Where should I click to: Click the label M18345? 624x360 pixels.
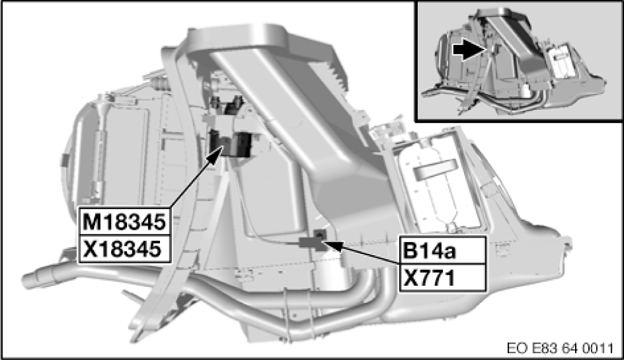pyautogui.click(x=125, y=223)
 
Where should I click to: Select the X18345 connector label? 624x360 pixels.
pyautogui.click(x=125, y=249)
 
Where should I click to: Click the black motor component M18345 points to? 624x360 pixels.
pyautogui.click(x=230, y=144)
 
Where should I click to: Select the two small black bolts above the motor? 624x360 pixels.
pyautogui.click(x=230, y=102)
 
